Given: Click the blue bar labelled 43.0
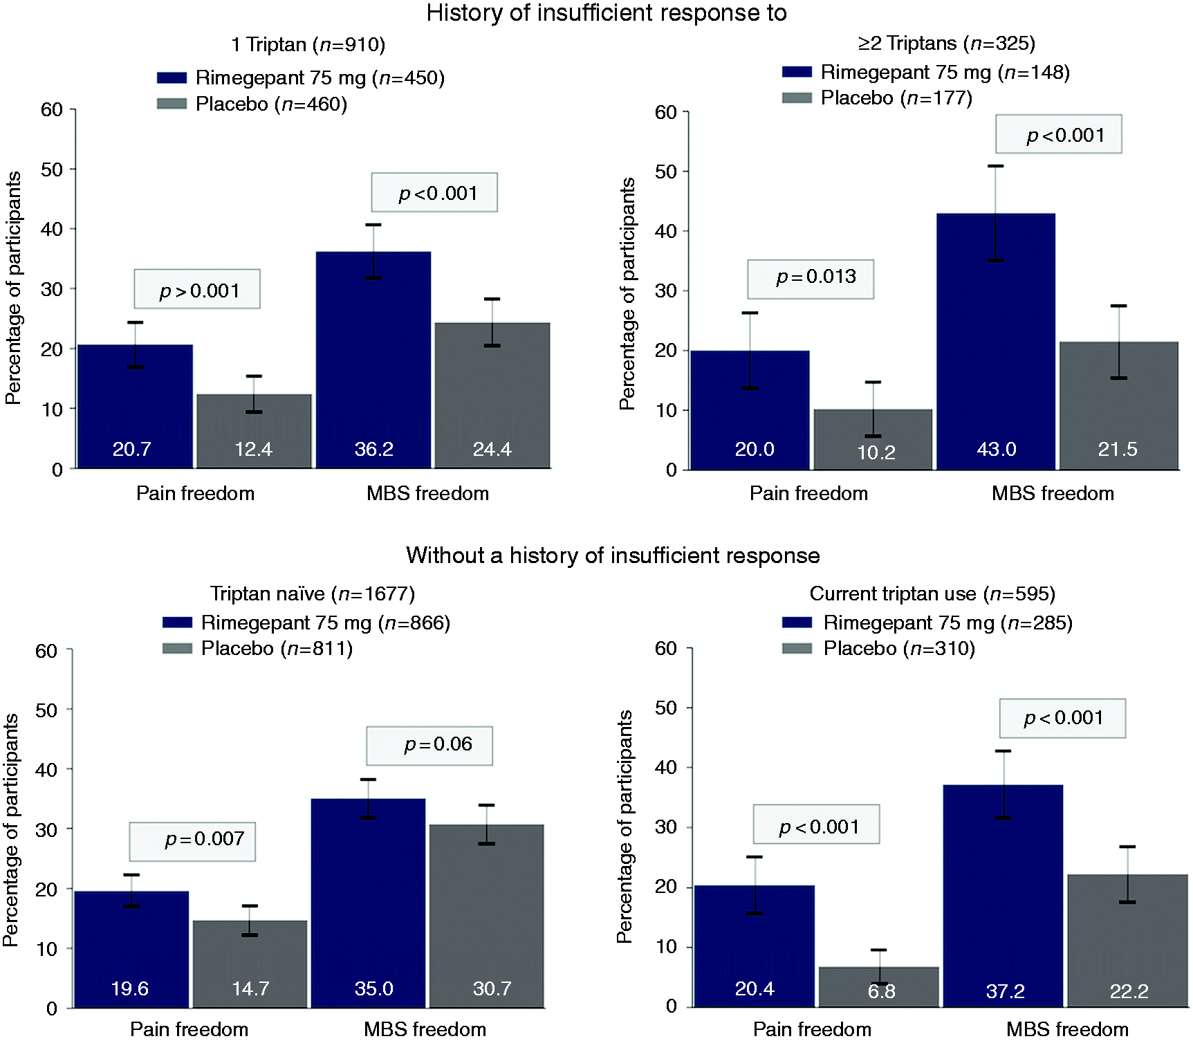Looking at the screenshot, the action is coord(996,342).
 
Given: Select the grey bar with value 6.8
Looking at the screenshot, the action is coord(879,987).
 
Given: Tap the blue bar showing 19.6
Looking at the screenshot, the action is coord(131,950).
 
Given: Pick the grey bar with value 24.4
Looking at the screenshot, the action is coord(492,396).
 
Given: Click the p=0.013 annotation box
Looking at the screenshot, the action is coord(811,279).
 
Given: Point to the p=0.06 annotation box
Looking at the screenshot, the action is coord(429,746).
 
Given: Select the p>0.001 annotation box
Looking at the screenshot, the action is coord(197,288).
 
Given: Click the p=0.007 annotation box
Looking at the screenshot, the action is coord(192,841).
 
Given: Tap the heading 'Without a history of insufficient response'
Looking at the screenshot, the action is coord(613,555).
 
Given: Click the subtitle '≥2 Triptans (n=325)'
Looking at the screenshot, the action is coord(946,44).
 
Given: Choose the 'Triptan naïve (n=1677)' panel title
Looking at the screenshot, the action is coord(313,593).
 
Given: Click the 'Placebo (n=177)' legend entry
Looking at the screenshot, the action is coord(878,98).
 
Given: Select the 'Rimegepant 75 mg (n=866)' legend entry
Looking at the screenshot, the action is coord(306,623).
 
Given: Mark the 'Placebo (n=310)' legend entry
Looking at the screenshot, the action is coord(879,648).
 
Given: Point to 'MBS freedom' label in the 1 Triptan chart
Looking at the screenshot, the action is coord(428,493).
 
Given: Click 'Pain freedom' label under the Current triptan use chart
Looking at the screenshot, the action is coord(812,1029).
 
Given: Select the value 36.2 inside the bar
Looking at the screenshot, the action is coord(374,450).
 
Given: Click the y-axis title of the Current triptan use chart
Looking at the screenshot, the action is coord(625,827).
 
